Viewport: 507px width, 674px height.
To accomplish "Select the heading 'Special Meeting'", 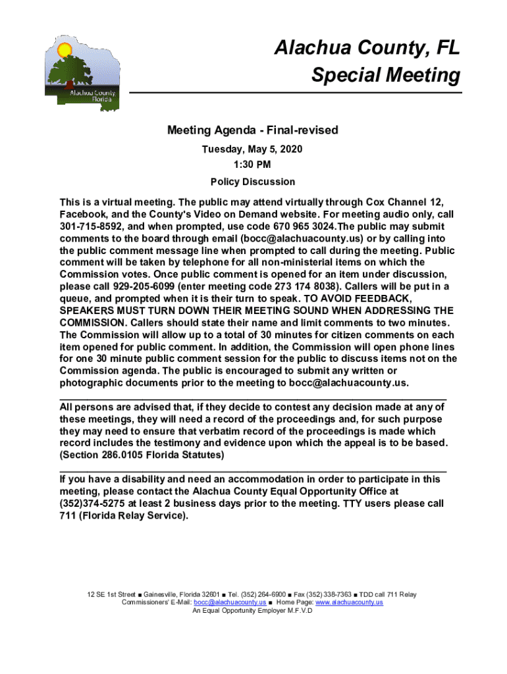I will click(x=386, y=75).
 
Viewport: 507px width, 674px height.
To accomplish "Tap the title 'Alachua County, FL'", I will click(x=367, y=48).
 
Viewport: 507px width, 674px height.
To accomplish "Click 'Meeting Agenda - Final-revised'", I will click(x=252, y=130).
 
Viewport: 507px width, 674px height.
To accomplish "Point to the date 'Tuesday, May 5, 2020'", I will click(x=252, y=149).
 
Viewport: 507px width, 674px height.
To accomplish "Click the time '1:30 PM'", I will click(x=252, y=165).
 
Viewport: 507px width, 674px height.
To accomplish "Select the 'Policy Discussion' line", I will click(x=252, y=182).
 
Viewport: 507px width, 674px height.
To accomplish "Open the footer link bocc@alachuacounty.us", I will click(x=230, y=602).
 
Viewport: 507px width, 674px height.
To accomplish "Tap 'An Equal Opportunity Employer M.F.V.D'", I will click(x=252, y=611).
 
